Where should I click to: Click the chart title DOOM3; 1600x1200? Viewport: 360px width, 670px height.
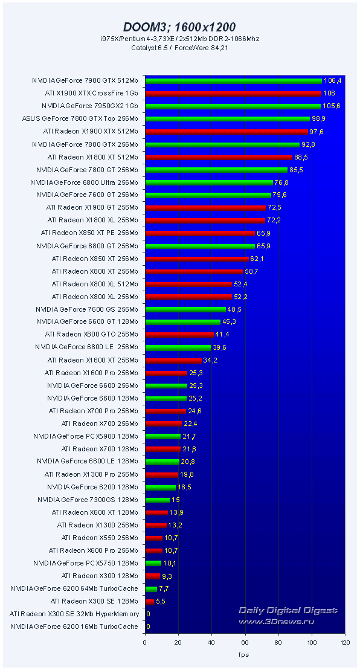179,27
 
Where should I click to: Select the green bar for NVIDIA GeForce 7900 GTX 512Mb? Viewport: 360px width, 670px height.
233,80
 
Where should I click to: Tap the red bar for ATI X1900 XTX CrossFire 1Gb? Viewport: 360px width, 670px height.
233,93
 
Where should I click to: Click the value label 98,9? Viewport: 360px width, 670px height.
318,118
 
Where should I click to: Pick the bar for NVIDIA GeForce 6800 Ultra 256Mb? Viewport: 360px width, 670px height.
208,182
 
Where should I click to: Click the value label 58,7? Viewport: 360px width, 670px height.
251,271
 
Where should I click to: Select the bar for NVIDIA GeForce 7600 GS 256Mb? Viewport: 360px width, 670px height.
185,309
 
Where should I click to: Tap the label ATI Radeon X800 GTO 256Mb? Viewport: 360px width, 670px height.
91,334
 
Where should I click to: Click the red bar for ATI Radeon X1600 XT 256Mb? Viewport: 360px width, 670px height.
173,360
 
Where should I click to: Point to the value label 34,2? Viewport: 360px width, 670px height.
210,360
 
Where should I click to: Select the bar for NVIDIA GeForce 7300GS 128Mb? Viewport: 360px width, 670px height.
157,500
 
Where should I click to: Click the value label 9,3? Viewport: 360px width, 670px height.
167,576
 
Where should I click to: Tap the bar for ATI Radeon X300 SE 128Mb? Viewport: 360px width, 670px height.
149,601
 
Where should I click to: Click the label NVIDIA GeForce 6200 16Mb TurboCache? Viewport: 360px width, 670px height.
74,627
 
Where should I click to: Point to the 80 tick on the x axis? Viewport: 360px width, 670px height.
278,643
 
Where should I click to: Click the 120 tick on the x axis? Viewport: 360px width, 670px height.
344,643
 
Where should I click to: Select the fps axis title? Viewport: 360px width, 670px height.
243,655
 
